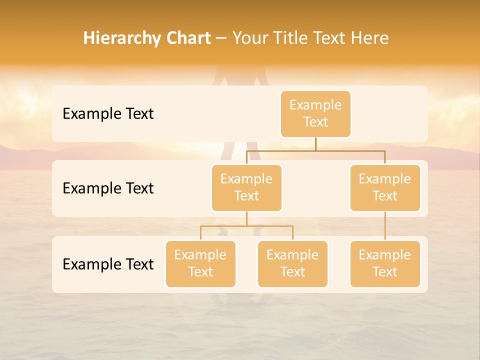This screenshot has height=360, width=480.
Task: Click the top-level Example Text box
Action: [315, 113]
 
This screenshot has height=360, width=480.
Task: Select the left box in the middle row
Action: [246, 187]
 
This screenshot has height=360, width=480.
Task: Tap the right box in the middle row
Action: [385, 187]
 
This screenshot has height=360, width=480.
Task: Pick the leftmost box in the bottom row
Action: [200, 263]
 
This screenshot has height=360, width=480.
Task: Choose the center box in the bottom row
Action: [292, 263]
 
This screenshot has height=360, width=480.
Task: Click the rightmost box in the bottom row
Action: [385, 263]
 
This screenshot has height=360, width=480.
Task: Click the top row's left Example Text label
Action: [108, 114]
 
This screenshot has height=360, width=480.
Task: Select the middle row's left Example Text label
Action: [108, 188]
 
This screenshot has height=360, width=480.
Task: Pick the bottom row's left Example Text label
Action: [108, 264]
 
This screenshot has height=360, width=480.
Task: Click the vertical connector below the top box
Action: [315, 144]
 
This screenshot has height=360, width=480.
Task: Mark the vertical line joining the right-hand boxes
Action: [385, 226]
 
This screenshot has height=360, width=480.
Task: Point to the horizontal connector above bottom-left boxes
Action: [246, 226]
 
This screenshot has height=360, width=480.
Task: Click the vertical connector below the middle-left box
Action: [246, 218]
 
